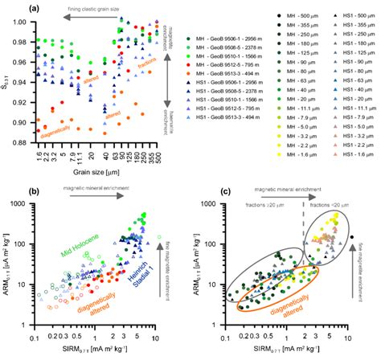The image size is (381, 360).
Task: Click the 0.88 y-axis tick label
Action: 15,144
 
